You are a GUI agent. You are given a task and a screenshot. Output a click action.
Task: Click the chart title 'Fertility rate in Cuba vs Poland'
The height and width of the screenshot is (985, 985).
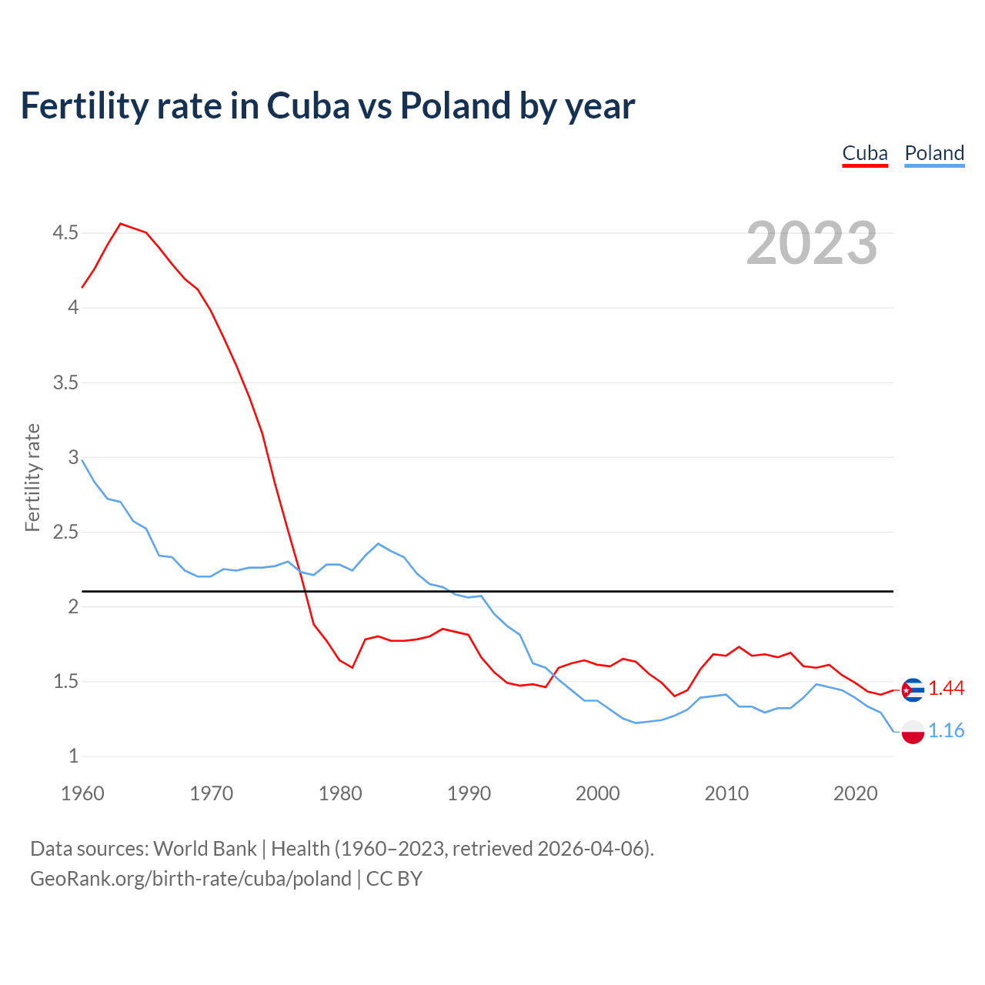(x=327, y=105)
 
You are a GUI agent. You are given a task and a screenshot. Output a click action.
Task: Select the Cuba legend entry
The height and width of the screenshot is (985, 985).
(x=865, y=153)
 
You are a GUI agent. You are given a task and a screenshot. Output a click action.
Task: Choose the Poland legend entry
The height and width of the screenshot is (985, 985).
(x=934, y=153)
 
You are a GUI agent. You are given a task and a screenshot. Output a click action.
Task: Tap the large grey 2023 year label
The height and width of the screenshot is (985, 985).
(x=811, y=243)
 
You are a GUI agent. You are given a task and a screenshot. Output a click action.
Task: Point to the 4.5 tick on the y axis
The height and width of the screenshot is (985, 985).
(x=65, y=232)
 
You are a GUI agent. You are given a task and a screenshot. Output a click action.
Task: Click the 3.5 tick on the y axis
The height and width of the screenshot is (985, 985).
(x=65, y=382)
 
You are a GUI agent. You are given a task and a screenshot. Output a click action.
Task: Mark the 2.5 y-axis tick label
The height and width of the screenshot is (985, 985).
(x=65, y=532)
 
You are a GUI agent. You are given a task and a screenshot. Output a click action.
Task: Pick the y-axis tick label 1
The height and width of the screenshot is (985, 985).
(x=73, y=756)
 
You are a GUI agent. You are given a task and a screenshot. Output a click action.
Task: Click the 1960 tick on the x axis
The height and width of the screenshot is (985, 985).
(x=82, y=793)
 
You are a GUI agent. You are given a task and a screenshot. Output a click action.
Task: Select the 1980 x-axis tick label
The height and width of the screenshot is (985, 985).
(x=340, y=793)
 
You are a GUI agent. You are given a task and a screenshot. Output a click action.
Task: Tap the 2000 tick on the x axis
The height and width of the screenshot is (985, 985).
(x=597, y=793)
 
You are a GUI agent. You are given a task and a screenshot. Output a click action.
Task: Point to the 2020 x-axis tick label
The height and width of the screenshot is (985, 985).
(x=855, y=793)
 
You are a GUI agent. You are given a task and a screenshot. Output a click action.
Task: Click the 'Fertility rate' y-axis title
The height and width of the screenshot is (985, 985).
(x=32, y=477)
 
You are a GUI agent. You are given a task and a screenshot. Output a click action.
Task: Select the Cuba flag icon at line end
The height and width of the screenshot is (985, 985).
(x=913, y=689)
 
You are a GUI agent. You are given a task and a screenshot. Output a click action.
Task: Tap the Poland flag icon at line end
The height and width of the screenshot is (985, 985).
(x=913, y=732)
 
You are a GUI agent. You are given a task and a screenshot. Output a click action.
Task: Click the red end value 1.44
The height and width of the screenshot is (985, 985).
(x=946, y=689)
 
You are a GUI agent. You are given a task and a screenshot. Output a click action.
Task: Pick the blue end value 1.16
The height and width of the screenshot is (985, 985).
(x=946, y=731)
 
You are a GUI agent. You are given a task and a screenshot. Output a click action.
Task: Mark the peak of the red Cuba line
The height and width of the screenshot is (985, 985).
(x=121, y=224)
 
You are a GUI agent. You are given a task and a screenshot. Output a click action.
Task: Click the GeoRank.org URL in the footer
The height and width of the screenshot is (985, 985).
(x=191, y=879)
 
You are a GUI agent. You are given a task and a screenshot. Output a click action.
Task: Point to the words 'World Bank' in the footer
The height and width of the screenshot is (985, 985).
(x=205, y=849)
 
